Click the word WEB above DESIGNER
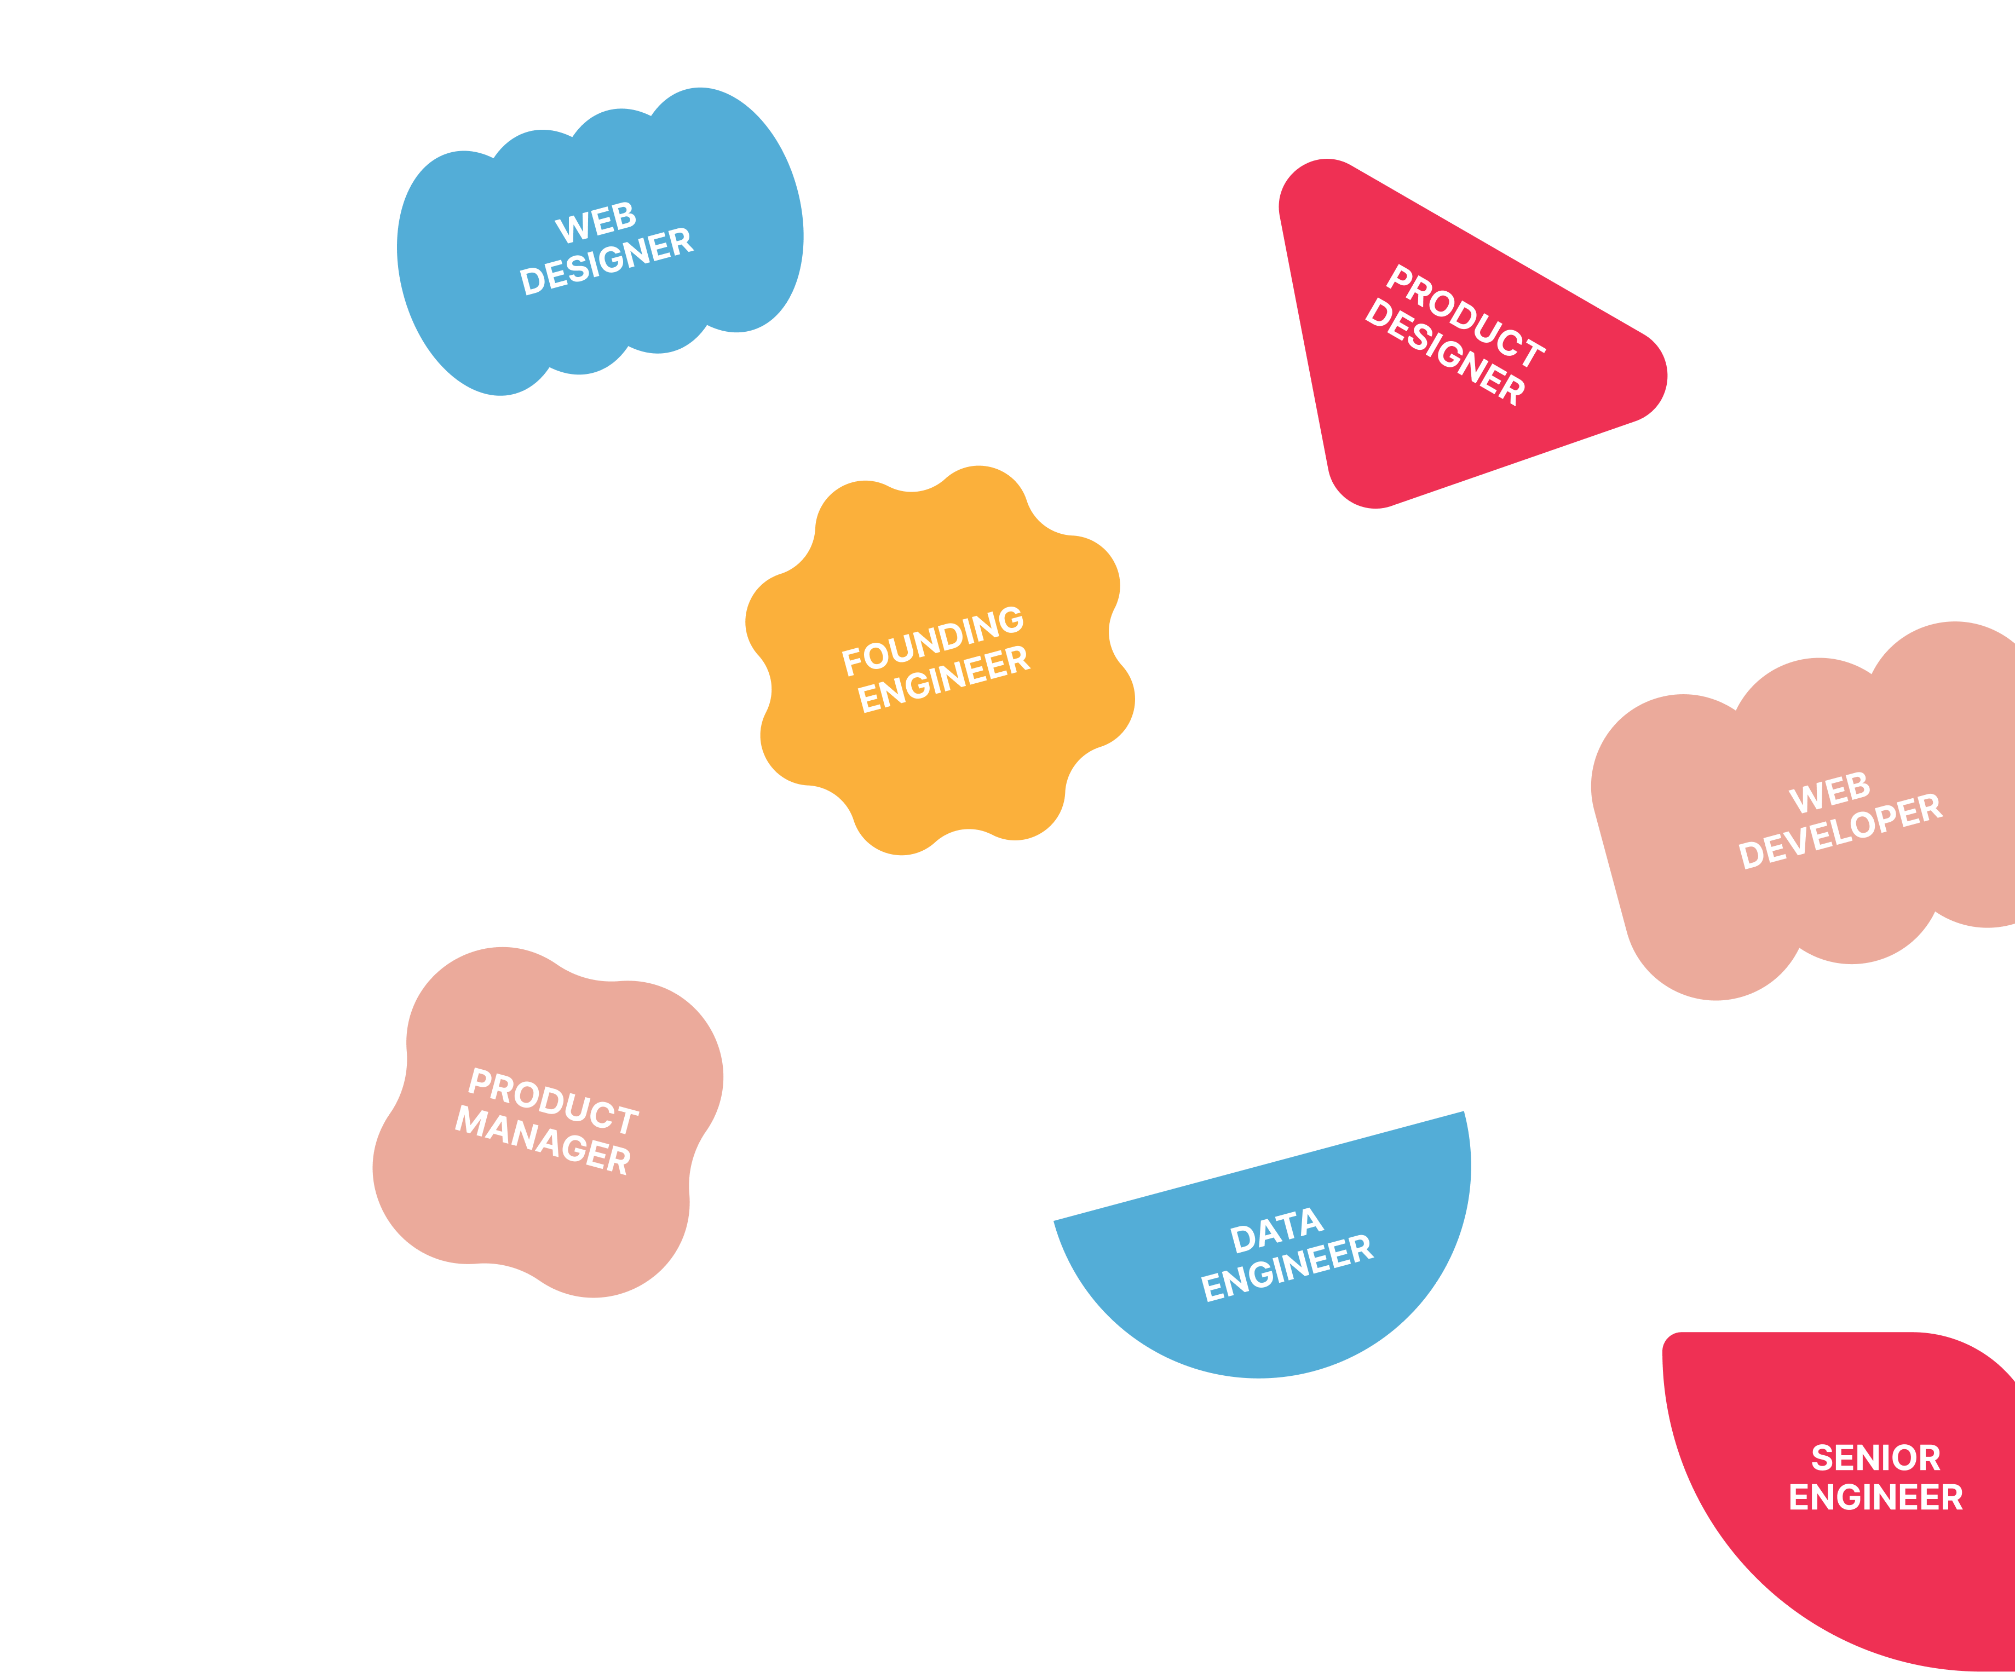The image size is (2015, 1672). (x=596, y=222)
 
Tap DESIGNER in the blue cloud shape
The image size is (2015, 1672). (x=607, y=261)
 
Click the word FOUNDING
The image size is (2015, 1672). (x=932, y=640)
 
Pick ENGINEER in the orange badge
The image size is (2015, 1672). (x=944, y=679)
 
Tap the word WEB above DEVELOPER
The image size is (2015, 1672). (x=1830, y=792)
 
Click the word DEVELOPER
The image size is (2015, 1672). (x=1840, y=831)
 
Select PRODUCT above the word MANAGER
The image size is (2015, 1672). (x=554, y=1101)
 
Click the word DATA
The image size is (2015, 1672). (x=1277, y=1231)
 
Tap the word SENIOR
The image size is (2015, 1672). (x=1876, y=1458)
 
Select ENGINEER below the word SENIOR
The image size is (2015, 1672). (x=1876, y=1497)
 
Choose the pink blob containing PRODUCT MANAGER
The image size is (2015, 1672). (x=537, y=1218)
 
